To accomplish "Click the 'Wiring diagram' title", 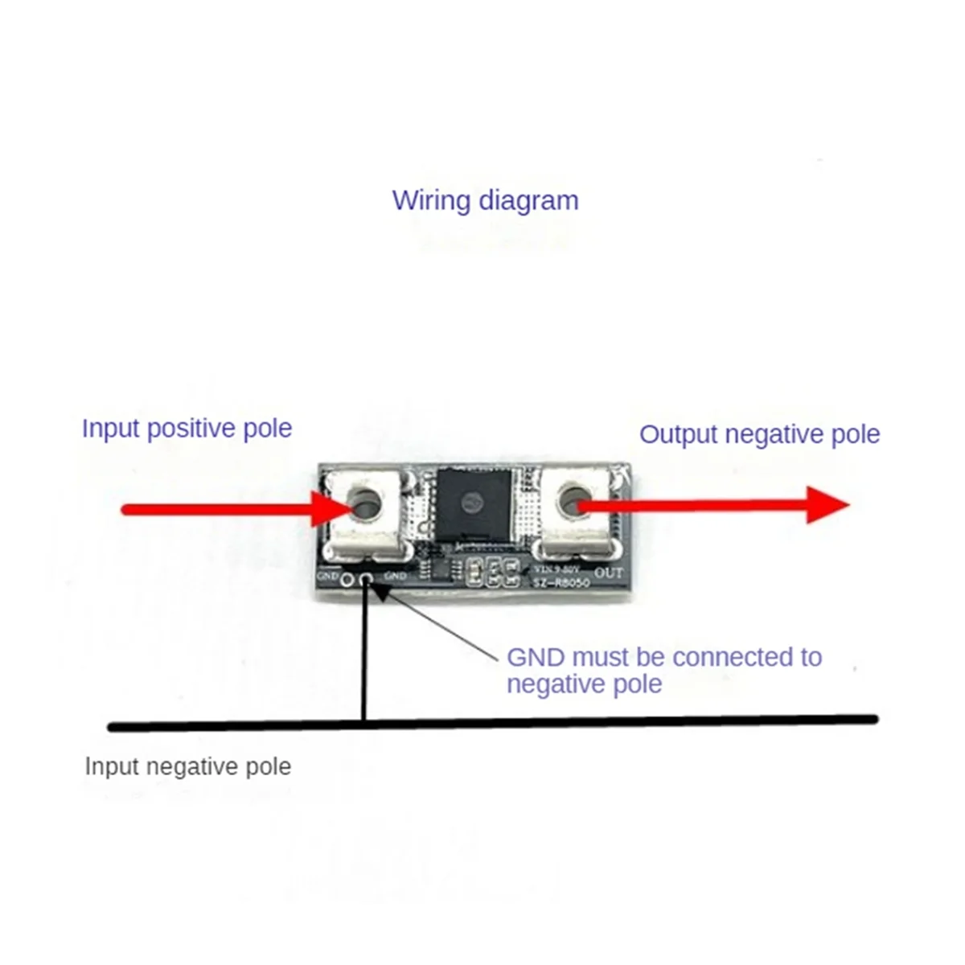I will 485,200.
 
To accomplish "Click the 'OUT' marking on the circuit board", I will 608,573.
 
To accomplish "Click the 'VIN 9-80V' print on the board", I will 560,569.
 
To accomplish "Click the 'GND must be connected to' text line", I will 664,657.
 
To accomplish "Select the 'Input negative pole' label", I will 187,766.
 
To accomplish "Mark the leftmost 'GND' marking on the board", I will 327,576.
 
